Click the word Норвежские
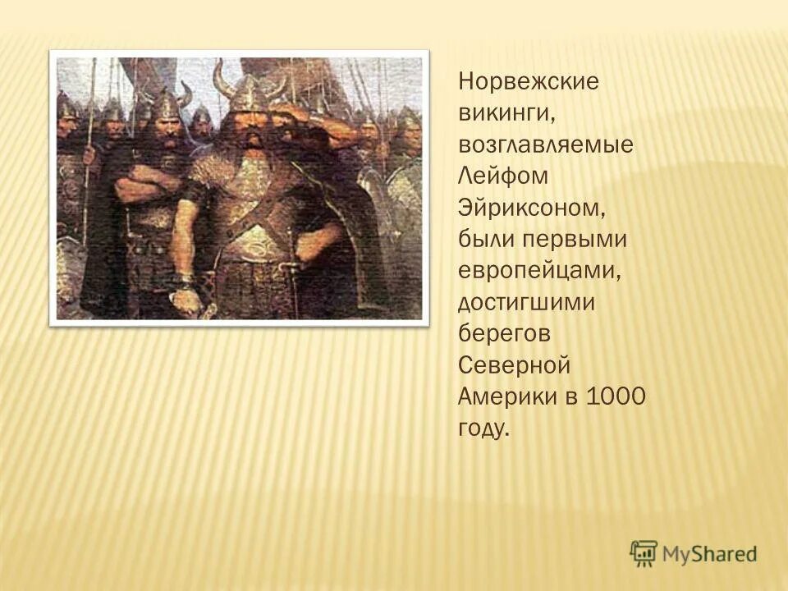(x=529, y=82)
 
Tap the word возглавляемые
(x=546, y=145)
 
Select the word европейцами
(x=538, y=270)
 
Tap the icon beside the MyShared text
(x=644, y=553)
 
